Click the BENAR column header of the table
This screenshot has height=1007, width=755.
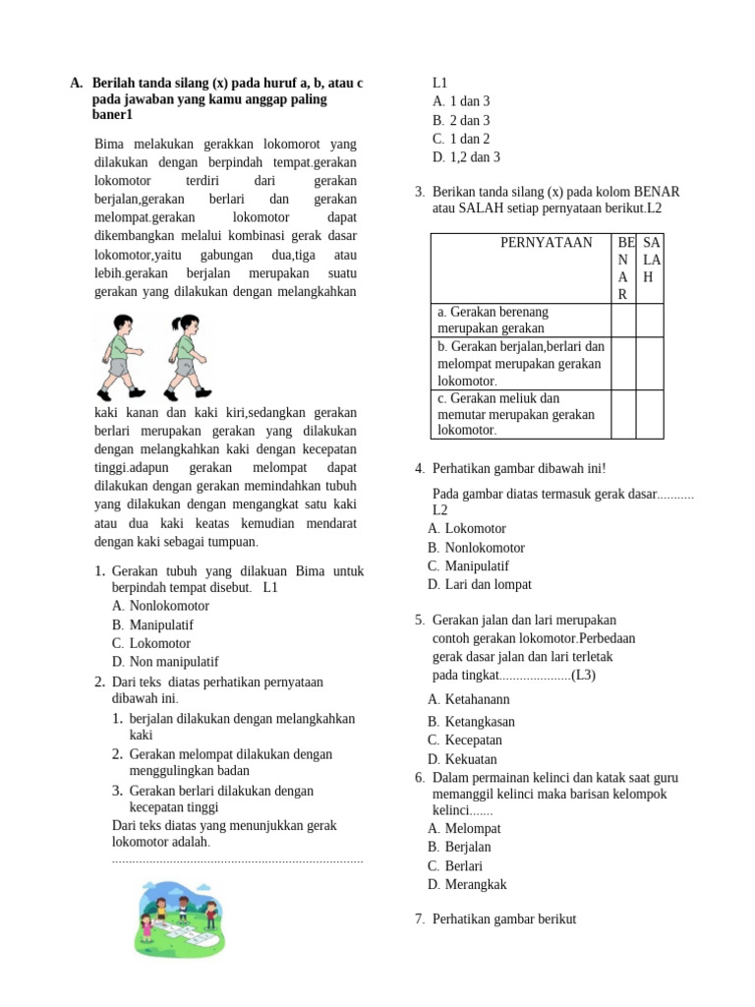point(622,267)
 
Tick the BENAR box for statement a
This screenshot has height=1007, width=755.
point(622,320)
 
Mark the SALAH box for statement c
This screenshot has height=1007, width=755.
point(650,414)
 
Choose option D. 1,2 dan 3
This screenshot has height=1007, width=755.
point(466,157)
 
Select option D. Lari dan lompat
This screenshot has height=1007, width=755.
point(480,584)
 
